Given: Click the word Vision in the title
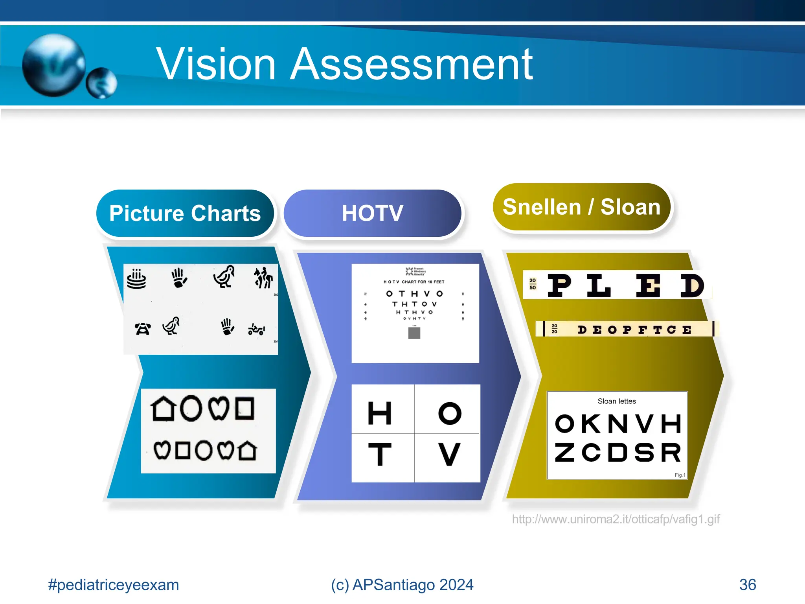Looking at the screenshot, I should (216, 64).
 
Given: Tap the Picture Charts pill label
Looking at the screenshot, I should (185, 213).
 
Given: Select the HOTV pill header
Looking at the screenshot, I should (372, 213).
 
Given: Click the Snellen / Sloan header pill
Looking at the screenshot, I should (581, 207).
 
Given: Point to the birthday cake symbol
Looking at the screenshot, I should (136, 279).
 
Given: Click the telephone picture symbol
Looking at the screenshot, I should (142, 328).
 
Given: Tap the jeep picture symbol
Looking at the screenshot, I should (256, 329).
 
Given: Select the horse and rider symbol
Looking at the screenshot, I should (263, 278).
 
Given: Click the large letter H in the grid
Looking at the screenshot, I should (379, 413).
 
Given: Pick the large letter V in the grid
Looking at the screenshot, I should (449, 454).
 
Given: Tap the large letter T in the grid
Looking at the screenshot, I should (380, 454).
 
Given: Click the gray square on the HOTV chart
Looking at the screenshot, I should (414, 333).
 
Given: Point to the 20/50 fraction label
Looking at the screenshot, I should (533, 284).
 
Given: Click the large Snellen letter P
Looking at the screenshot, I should (559, 285).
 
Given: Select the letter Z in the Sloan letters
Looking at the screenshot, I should (564, 452).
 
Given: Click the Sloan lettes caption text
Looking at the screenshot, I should (616, 401).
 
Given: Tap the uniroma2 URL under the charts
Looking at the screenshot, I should (616, 519).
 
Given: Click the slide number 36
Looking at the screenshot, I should (747, 585).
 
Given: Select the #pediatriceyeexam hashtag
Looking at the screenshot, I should (113, 585).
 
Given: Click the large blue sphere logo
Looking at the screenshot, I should (54, 65).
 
